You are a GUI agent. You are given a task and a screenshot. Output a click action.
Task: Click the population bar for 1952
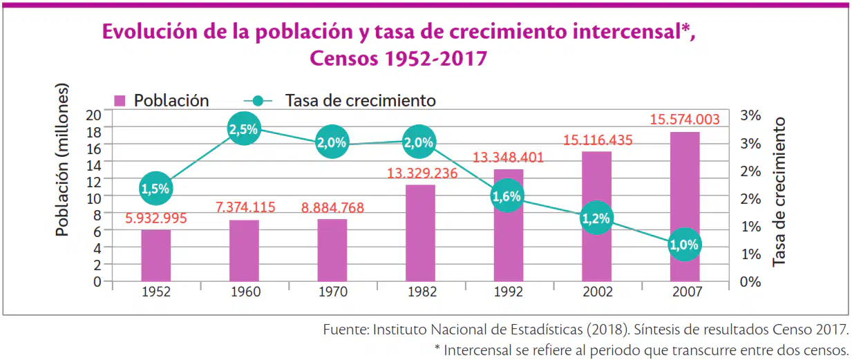156,256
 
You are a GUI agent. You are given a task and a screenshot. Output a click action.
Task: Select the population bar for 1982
420,233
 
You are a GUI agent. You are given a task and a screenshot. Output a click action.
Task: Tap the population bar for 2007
685,207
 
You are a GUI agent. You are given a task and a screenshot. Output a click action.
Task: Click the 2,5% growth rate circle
244,129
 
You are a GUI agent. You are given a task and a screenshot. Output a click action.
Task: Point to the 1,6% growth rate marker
507,196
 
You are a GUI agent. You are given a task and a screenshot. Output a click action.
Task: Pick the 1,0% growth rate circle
684,245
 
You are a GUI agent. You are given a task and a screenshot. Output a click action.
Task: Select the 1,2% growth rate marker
596,218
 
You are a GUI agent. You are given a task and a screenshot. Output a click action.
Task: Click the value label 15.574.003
685,120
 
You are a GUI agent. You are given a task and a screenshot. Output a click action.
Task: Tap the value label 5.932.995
156,218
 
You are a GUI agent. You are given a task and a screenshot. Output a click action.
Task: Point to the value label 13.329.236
422,173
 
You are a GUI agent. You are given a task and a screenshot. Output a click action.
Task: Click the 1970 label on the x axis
333,292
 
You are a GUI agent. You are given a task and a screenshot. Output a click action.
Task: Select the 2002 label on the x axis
598,292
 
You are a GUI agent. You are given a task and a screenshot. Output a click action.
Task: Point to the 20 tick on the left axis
93,115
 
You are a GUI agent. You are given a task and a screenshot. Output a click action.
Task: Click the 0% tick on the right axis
750,282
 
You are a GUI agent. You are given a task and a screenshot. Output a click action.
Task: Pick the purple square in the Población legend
120,101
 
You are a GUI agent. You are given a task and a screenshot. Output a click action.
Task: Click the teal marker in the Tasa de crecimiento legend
258,101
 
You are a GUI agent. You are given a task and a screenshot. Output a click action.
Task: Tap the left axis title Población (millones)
62,160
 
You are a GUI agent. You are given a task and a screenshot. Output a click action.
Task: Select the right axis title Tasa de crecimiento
779,192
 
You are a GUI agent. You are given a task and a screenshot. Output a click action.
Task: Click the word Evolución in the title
150,32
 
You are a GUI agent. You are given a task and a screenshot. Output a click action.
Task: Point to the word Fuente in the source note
346,329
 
